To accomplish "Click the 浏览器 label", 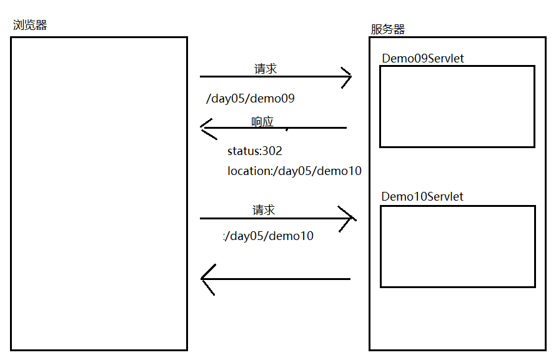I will coord(30,25).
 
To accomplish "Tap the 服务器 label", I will coord(387,29).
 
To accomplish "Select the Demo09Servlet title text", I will coord(423,58).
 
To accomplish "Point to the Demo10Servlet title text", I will coord(422,196).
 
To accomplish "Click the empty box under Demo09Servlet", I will coord(457,106).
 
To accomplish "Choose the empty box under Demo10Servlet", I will coord(457,246).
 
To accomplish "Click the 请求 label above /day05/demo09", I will coord(266,69).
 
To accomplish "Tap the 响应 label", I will coord(262,121).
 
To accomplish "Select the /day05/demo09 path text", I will coord(250,99).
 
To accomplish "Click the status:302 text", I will coord(254,151).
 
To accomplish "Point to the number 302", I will coord(272,151).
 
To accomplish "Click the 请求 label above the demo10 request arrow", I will coord(264,210).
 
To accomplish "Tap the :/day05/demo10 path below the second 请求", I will coord(269,236).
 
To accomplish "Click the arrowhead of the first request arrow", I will coord(346,77).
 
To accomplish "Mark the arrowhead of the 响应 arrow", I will coord(206,127).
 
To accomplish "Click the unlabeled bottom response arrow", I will coord(275,279).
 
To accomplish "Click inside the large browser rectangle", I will coord(99,194).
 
